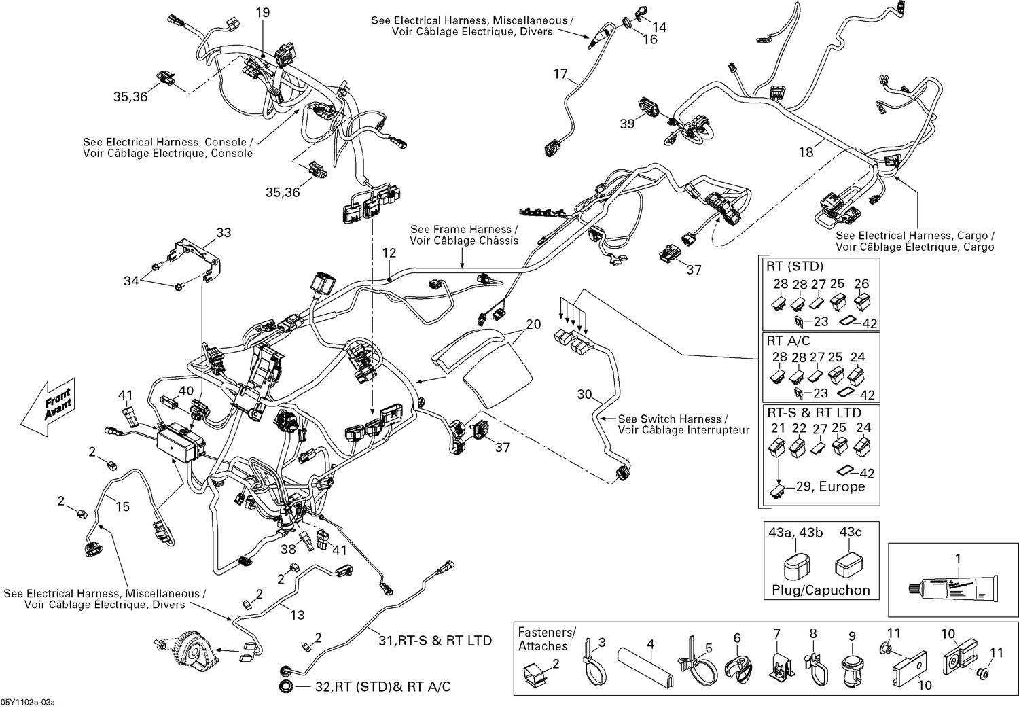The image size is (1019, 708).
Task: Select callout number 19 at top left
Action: click(263, 12)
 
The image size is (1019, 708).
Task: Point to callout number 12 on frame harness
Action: click(389, 253)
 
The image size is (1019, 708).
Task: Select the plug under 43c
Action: click(850, 563)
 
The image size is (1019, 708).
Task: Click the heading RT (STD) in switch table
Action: click(795, 266)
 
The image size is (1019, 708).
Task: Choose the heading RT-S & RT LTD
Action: click(814, 412)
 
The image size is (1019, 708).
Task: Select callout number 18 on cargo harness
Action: click(806, 152)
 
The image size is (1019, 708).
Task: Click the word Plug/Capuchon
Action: click(821, 590)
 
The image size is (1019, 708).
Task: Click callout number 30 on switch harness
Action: click(585, 394)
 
